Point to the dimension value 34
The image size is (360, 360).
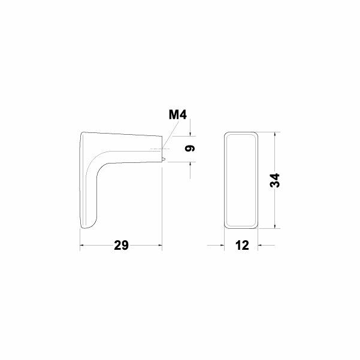(x=275, y=180)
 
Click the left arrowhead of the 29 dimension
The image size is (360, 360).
(x=83, y=246)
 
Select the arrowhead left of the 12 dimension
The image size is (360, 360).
(x=221, y=246)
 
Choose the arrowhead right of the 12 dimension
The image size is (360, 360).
(x=261, y=246)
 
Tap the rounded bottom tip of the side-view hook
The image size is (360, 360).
(x=85, y=226)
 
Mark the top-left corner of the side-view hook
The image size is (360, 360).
(x=82, y=133)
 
